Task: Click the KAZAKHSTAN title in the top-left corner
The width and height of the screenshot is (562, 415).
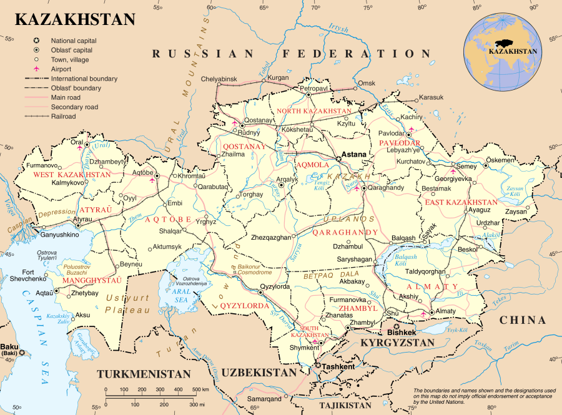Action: [x=75, y=19]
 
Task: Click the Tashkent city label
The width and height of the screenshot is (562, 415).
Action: [x=337, y=366]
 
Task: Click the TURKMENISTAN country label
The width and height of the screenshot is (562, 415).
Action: [x=143, y=374]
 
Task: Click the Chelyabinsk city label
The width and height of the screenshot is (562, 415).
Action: [x=219, y=79]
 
